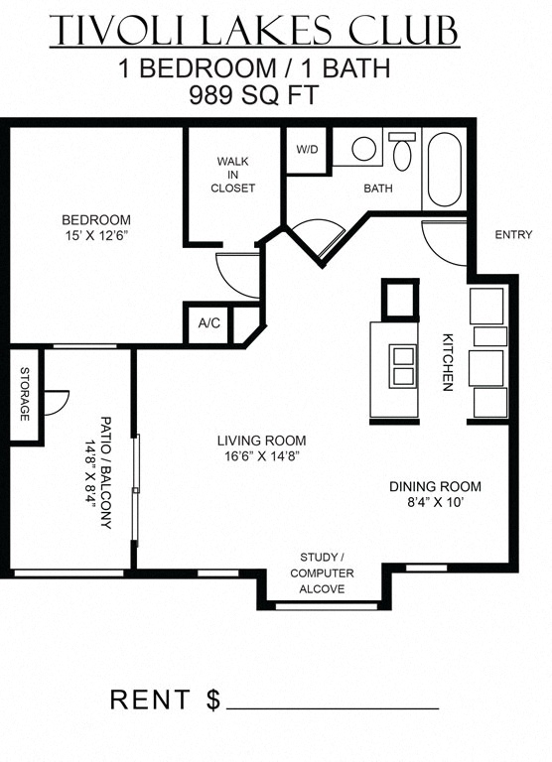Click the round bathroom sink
point(363,150)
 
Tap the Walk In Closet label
point(235,175)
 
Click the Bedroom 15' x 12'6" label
point(96,227)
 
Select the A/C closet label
point(208,323)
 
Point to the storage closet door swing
point(57,402)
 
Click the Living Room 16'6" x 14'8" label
point(261,448)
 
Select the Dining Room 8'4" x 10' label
point(434,494)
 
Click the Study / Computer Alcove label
point(317,572)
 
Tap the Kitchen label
point(448,360)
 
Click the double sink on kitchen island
point(404,367)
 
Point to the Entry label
point(513,235)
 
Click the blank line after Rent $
point(333,706)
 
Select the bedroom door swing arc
point(237,271)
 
